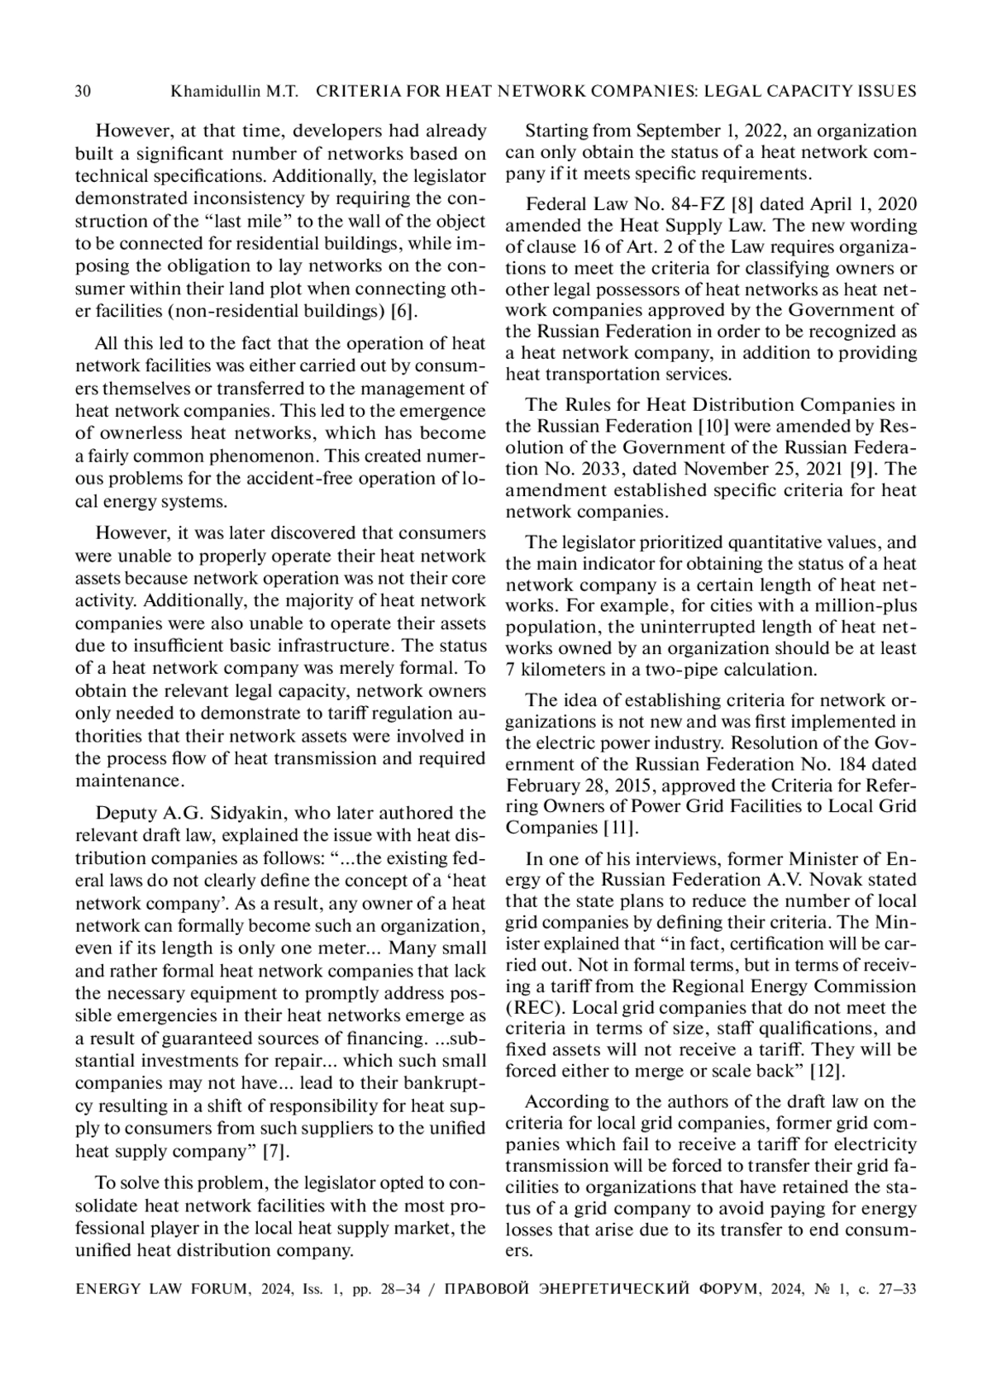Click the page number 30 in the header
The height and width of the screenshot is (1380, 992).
pyautogui.click(x=83, y=91)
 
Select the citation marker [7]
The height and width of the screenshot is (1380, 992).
pyautogui.click(x=276, y=1151)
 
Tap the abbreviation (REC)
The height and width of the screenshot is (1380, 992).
pyautogui.click(x=534, y=1007)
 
